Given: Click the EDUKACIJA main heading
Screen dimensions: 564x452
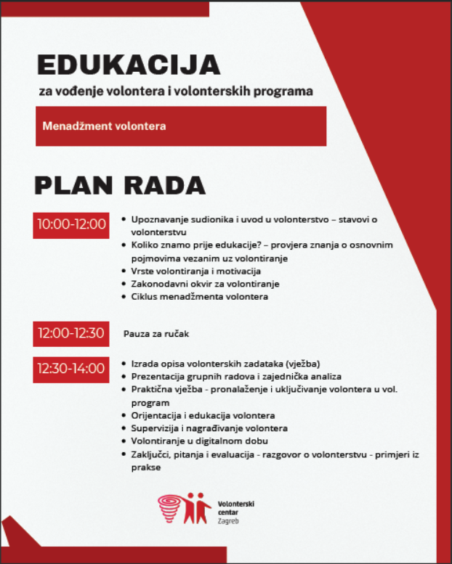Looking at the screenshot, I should (x=128, y=65).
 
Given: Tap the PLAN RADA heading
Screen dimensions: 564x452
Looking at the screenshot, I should (x=120, y=185).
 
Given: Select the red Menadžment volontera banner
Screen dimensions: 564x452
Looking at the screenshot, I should (x=180, y=126).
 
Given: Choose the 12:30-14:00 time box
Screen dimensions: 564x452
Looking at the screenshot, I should (x=71, y=369).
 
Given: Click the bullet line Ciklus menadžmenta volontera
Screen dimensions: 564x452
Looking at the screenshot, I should (x=200, y=296).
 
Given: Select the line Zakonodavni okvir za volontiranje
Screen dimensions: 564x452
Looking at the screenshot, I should (x=205, y=283).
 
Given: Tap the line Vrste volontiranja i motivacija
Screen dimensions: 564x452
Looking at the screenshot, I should (x=191, y=271).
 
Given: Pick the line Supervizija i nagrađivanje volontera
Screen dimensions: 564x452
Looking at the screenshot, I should (x=209, y=428).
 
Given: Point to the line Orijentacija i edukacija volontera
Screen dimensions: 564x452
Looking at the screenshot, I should (x=203, y=415).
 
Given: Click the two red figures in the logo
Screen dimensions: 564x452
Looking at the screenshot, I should (x=197, y=507).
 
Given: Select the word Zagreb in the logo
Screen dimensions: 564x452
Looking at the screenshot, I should (x=228, y=521).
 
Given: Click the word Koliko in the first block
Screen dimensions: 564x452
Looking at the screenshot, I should (x=145, y=245).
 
